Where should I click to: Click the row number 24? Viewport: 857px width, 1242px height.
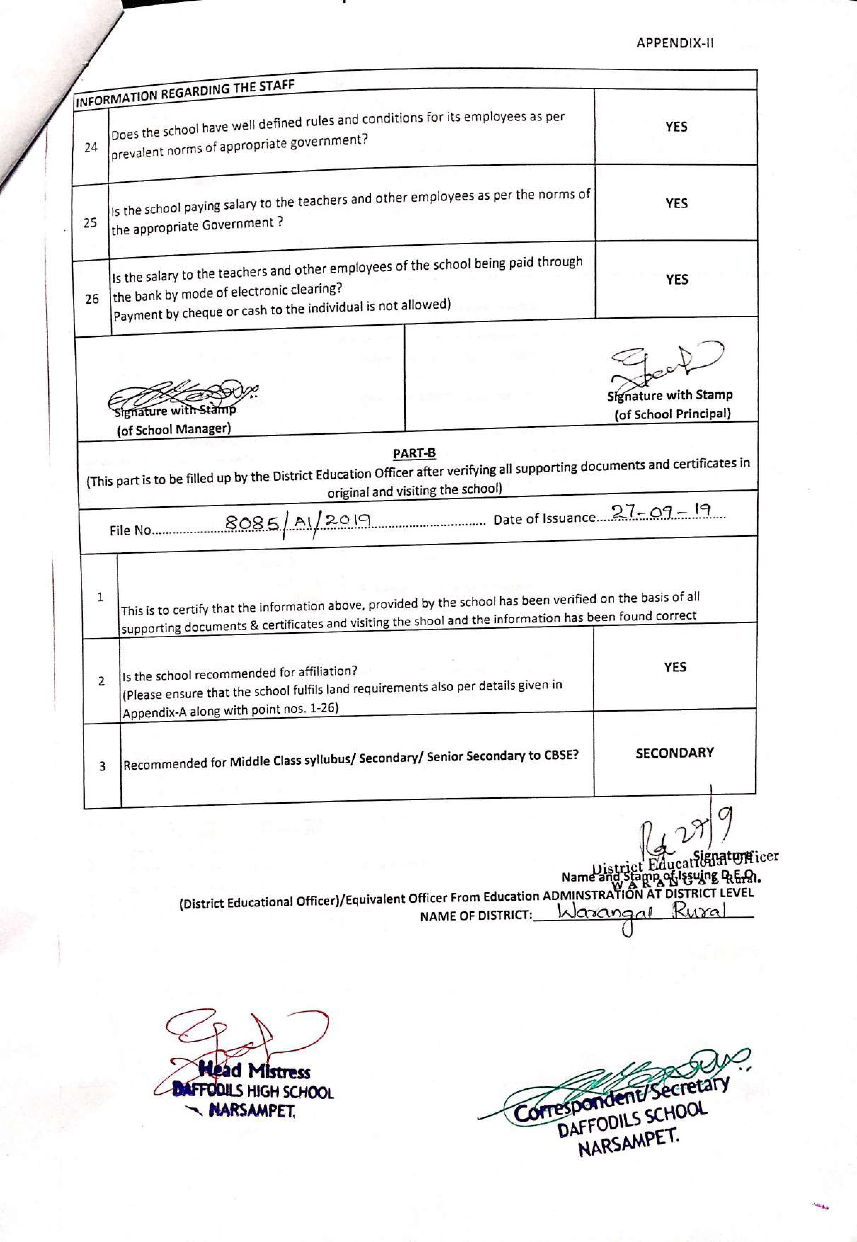coord(91,147)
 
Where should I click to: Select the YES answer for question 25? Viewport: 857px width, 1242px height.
coord(676,203)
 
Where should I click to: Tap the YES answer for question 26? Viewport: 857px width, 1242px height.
coord(676,279)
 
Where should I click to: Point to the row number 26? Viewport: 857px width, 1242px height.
coord(92,298)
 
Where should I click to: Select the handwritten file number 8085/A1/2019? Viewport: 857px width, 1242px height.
coord(298,522)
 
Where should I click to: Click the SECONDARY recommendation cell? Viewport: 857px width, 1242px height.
coord(674,753)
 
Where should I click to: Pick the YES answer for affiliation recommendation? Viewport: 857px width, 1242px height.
coord(674,667)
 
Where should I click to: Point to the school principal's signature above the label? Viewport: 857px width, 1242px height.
coord(666,363)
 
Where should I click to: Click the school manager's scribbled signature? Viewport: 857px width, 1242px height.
coord(183,396)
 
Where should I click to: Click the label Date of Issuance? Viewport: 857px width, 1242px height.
coord(544,519)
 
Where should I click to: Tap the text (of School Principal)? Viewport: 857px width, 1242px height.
coord(672,414)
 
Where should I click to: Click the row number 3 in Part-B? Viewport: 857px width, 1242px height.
coord(102,766)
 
